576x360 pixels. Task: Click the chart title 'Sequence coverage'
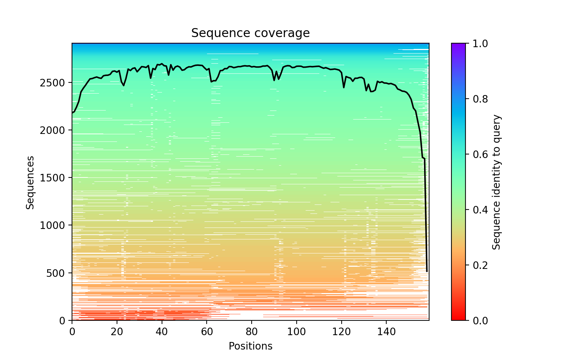coord(250,33)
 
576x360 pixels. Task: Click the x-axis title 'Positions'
coord(250,346)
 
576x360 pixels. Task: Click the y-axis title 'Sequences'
coord(30,182)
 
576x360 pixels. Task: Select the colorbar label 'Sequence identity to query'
coord(496,182)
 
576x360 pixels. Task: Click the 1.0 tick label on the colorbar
coord(476,44)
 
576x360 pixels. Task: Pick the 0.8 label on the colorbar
coord(476,99)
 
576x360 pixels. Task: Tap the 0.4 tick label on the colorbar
coord(476,210)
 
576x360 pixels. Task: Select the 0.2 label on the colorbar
coord(476,265)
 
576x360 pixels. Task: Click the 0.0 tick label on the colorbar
coord(476,320)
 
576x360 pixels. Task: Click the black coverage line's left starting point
coord(72,113)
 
